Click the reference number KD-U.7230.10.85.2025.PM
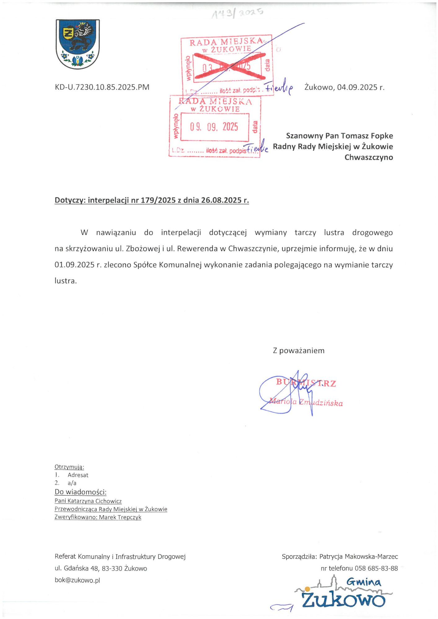pos(102,87)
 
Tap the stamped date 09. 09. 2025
pos(214,127)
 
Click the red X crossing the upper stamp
pos(230,66)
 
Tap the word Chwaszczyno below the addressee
pos(369,157)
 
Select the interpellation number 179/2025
pos(158,200)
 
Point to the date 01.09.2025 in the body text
pos(74,265)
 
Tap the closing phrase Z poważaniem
pos(299,351)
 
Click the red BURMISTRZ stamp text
pos(306,383)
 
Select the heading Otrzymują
pos(69,467)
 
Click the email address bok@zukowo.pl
pos(77,580)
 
